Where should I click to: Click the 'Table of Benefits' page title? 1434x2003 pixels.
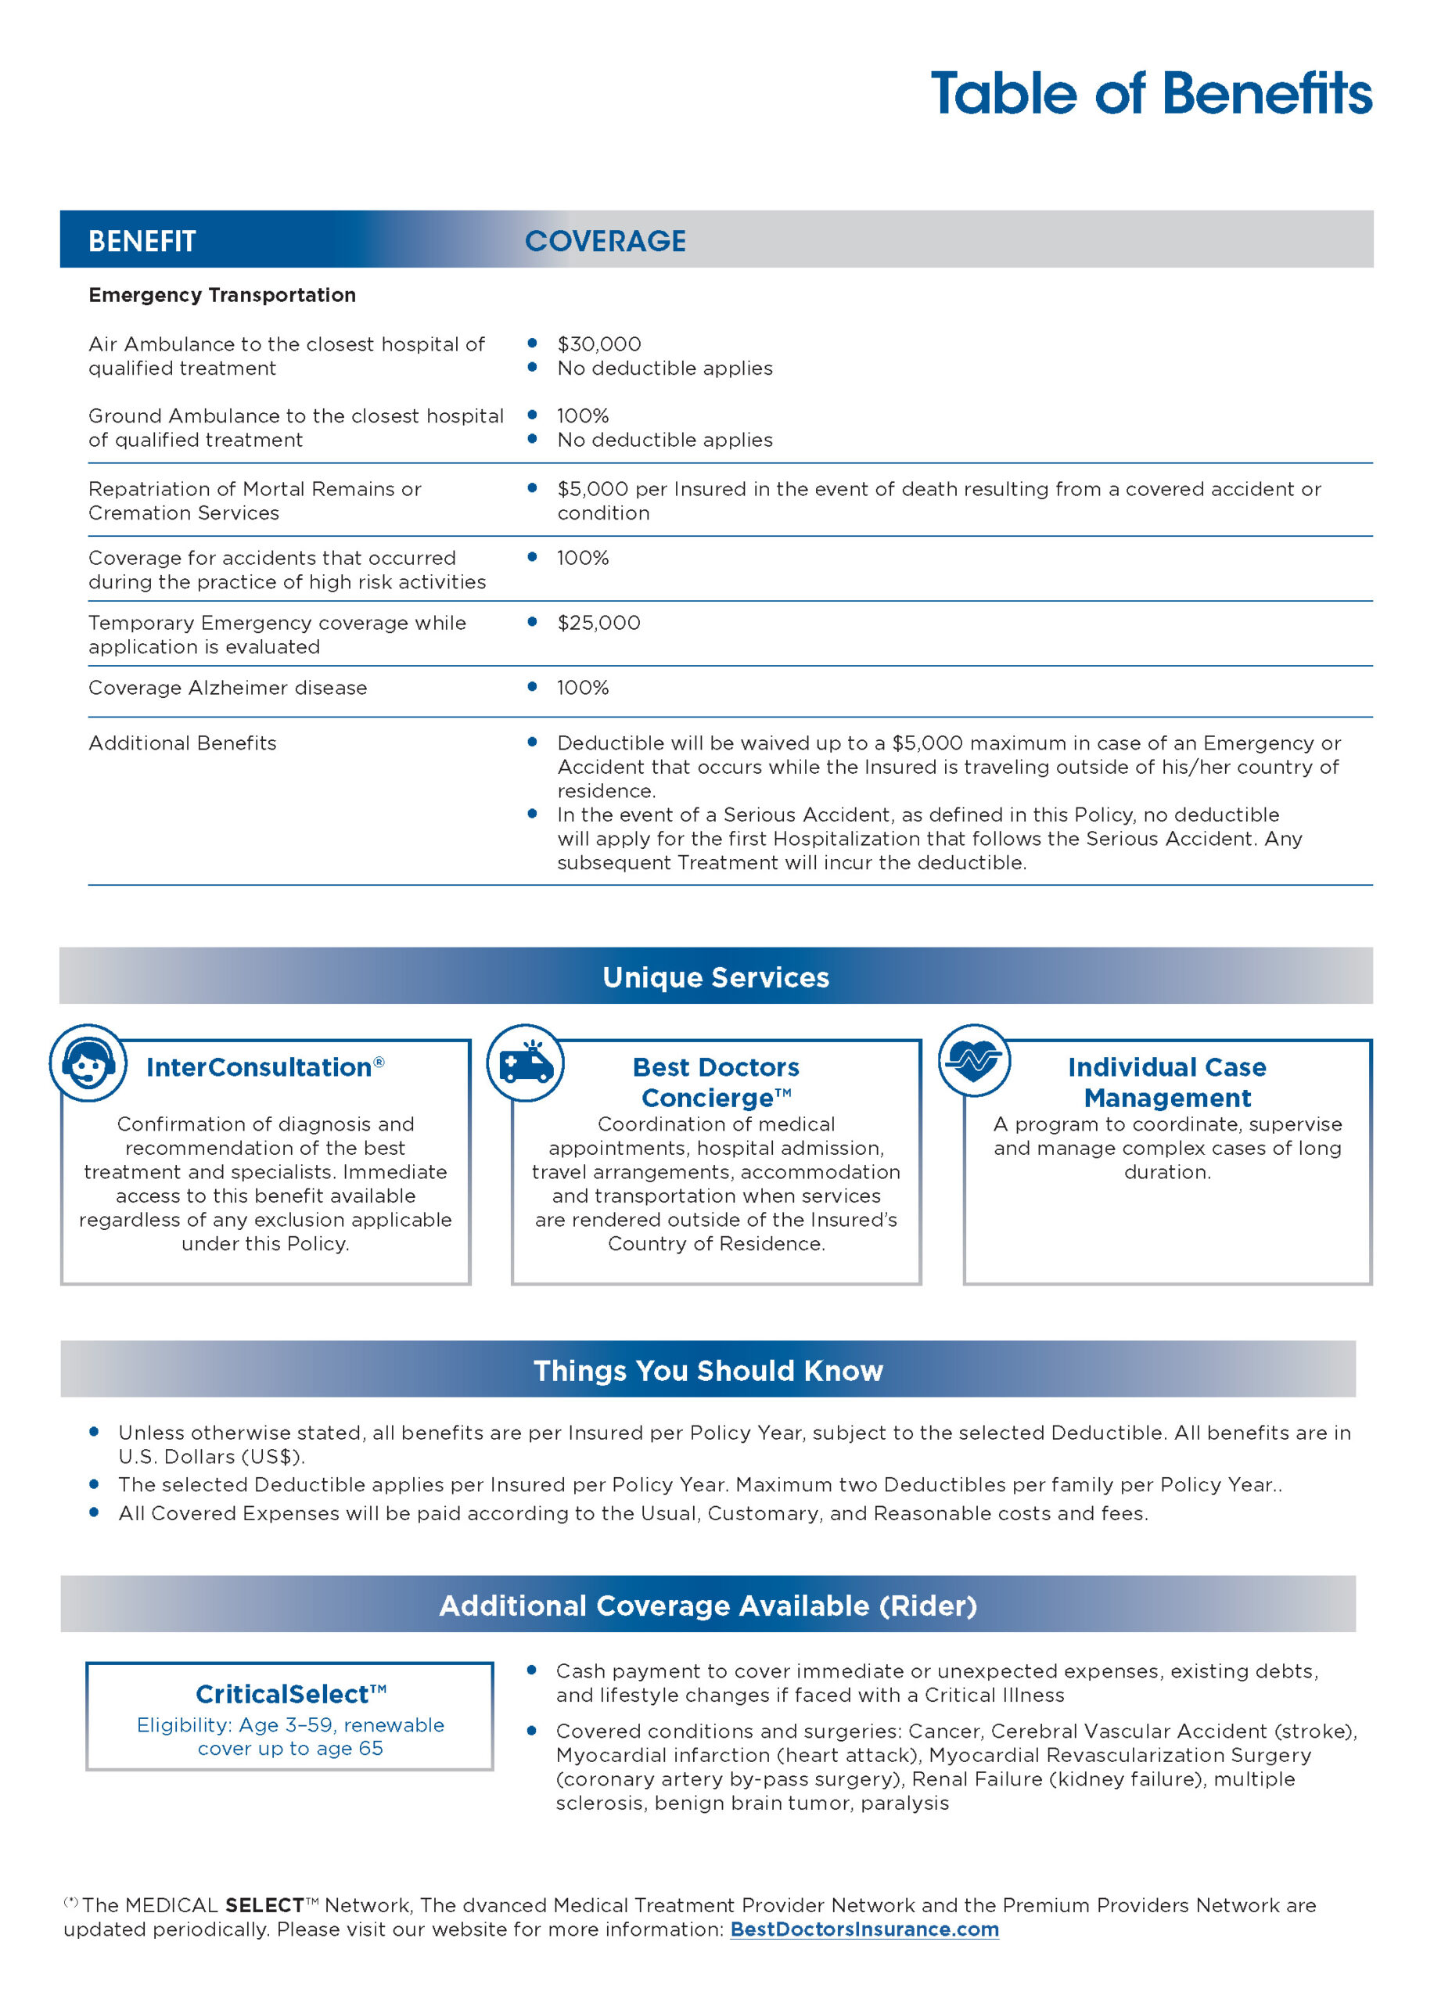tap(1151, 94)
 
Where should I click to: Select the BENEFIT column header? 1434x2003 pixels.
tap(142, 241)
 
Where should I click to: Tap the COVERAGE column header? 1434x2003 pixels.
tap(605, 241)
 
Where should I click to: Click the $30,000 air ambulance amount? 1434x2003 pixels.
tap(598, 344)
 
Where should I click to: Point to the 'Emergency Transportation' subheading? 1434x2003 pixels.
tap(221, 295)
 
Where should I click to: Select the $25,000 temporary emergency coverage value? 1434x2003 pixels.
tap(598, 623)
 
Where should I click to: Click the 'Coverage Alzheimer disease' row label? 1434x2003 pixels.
tap(227, 688)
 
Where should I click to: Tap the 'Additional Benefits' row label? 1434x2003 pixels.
tap(182, 743)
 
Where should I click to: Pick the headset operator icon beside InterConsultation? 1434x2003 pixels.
tap(88, 1063)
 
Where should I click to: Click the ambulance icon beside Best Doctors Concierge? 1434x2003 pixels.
tap(526, 1063)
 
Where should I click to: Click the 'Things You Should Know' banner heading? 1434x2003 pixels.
tap(707, 1370)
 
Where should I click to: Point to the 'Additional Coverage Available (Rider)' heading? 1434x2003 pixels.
tap(707, 1605)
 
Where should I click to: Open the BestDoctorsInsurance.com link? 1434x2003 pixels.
tap(864, 1929)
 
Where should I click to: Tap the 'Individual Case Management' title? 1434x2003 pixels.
tap(1166, 1083)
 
